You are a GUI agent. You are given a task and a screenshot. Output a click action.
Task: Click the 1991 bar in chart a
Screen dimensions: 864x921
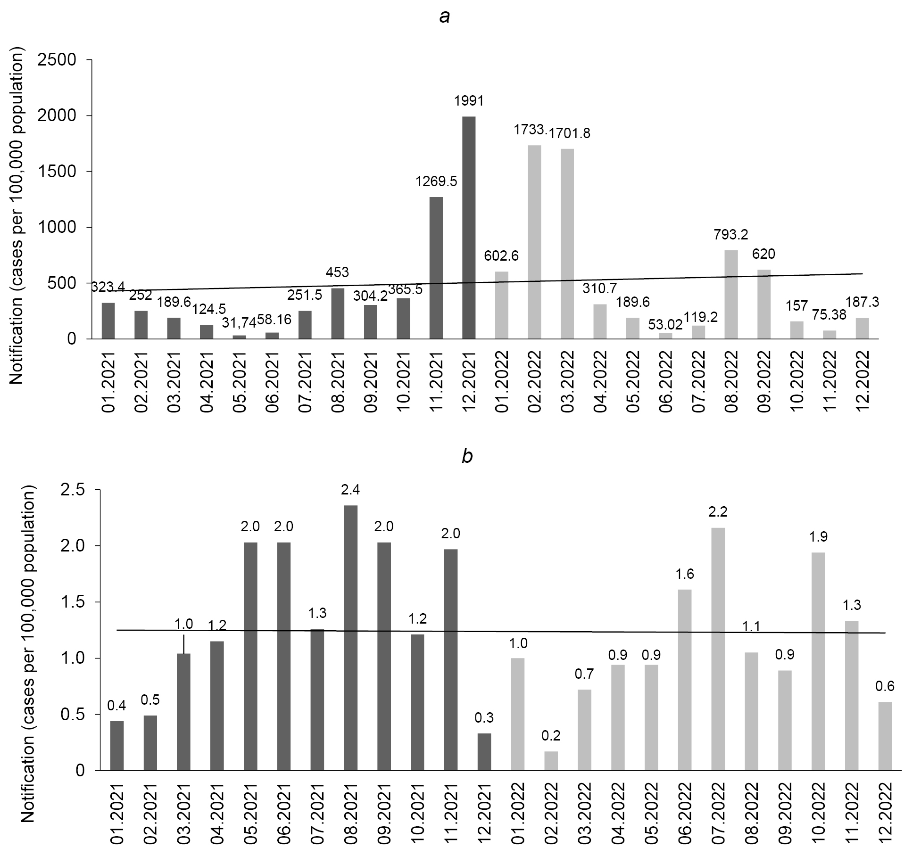(x=469, y=227)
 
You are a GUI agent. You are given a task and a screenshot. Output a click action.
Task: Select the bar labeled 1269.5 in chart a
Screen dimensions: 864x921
(x=436, y=268)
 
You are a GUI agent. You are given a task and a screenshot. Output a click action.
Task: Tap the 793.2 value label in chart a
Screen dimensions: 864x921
(x=730, y=234)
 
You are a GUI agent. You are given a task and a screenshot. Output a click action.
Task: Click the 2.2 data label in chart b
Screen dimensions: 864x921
(x=718, y=512)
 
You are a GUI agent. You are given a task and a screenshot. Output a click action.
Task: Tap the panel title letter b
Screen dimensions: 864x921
(x=467, y=457)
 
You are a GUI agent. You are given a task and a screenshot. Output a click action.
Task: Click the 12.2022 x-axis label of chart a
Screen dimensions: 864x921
(x=862, y=381)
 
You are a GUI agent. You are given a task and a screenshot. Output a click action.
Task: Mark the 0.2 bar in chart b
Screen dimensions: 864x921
(x=551, y=760)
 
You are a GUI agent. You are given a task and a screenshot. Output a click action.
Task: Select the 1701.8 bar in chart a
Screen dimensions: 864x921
(x=567, y=244)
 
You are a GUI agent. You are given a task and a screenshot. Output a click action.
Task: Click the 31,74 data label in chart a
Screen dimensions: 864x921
(x=239, y=323)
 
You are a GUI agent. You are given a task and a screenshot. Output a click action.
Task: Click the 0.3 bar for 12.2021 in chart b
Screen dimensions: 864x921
(x=484, y=751)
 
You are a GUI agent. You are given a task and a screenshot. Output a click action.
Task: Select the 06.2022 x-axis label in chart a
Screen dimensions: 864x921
(x=665, y=381)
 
